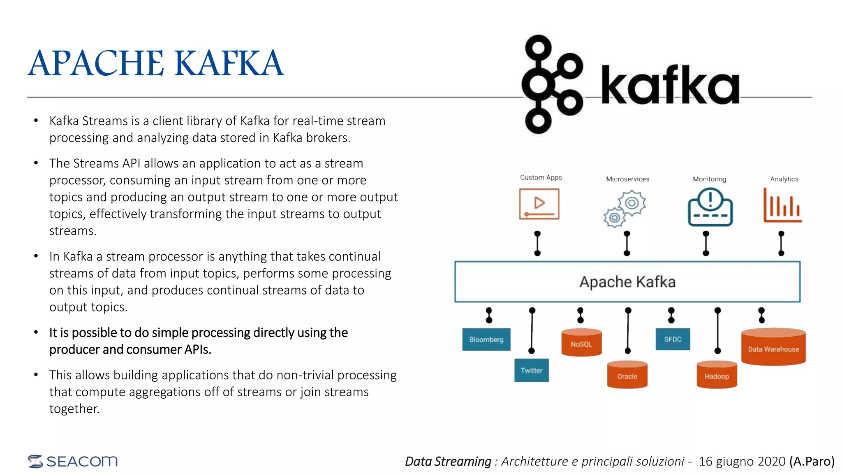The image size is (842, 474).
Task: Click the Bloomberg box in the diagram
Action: point(486,339)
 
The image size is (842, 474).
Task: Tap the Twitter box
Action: point(531,370)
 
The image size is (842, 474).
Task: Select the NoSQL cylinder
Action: point(581,343)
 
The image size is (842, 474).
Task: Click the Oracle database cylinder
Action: point(627,375)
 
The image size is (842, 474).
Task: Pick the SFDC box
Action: point(673,339)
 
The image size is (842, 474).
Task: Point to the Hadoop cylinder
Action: point(717,375)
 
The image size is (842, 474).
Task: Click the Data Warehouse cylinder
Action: point(773,347)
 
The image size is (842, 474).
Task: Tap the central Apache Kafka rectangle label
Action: point(627,282)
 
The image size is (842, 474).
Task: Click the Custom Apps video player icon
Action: point(539,204)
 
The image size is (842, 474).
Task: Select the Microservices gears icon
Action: point(625,208)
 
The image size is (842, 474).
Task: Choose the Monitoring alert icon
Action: point(710,207)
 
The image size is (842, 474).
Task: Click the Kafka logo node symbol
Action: point(551,84)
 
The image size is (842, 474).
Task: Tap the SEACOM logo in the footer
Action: point(73,461)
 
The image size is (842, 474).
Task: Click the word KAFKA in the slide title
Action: point(229,63)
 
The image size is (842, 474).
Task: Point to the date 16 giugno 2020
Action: point(742,461)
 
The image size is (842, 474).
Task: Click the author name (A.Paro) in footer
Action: point(812,461)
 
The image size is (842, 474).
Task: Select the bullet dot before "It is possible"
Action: point(36,332)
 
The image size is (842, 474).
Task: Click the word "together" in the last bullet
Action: point(74,409)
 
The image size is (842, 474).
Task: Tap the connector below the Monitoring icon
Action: point(706,243)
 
